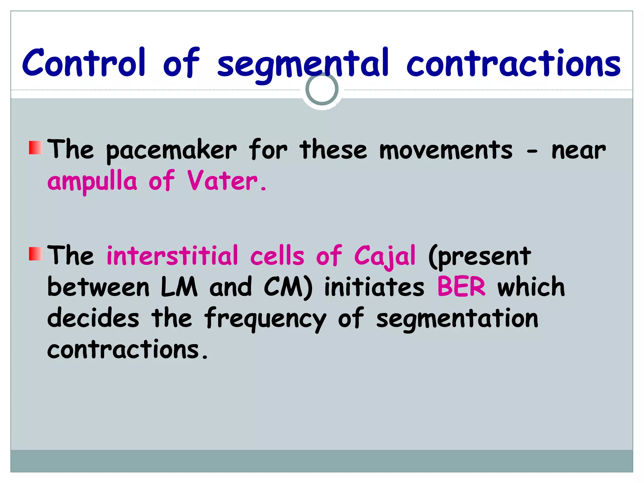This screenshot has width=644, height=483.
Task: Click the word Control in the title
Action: tap(84, 63)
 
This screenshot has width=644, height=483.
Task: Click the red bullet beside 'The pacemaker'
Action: tap(36, 148)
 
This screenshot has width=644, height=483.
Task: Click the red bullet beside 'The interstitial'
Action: tap(36, 254)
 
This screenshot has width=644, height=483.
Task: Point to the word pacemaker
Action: tap(171, 151)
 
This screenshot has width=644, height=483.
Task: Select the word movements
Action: tap(446, 150)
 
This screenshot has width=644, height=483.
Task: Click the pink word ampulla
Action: tap(92, 182)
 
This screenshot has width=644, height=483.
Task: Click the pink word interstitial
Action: tap(172, 256)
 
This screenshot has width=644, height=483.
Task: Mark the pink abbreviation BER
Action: tap(461, 287)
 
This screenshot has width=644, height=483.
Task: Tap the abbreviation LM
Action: tap(179, 287)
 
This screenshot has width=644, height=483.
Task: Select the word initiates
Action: tap(374, 287)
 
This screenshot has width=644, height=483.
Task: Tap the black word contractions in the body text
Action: tap(124, 350)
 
